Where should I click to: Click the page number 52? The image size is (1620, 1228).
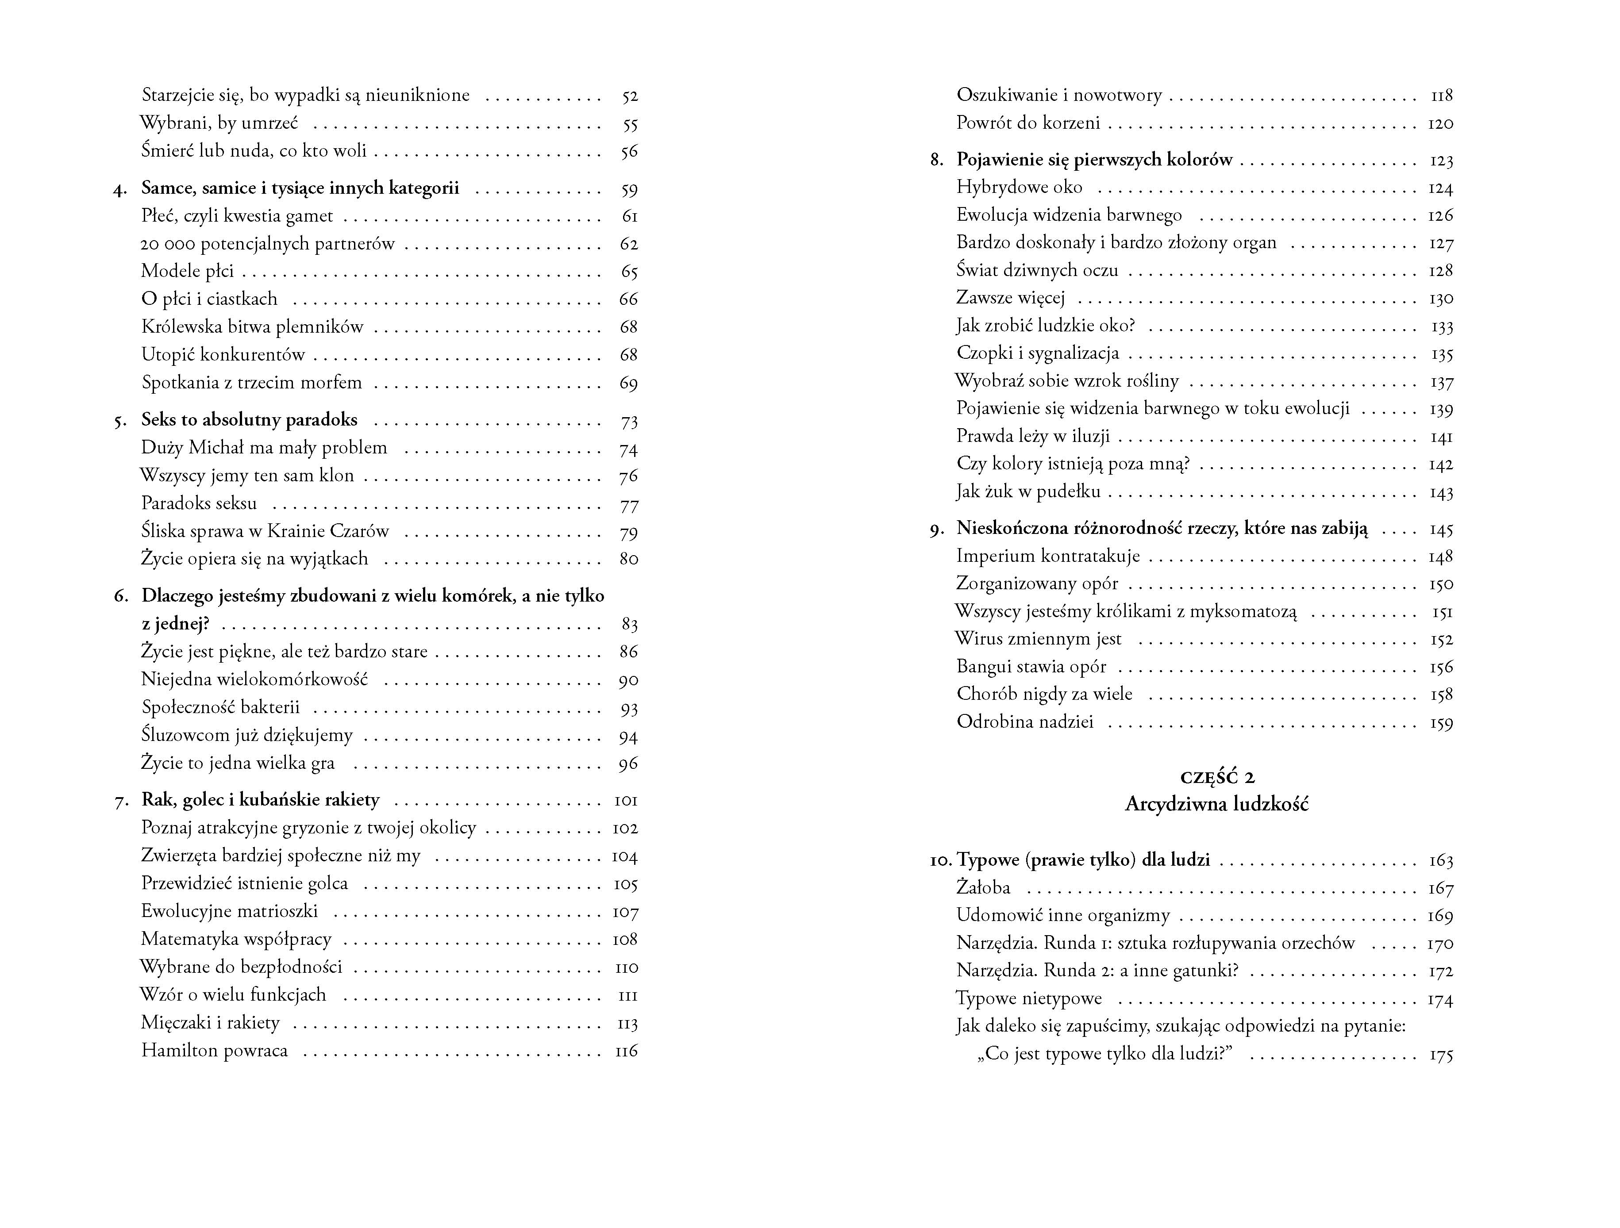click(630, 96)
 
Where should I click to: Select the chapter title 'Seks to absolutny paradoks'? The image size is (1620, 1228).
click(249, 420)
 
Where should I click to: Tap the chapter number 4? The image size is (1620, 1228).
click(119, 190)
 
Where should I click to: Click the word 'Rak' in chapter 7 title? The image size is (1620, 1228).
click(154, 800)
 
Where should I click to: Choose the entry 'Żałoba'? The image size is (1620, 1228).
click(983, 888)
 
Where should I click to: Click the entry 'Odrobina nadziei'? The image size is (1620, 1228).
click(1024, 723)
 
